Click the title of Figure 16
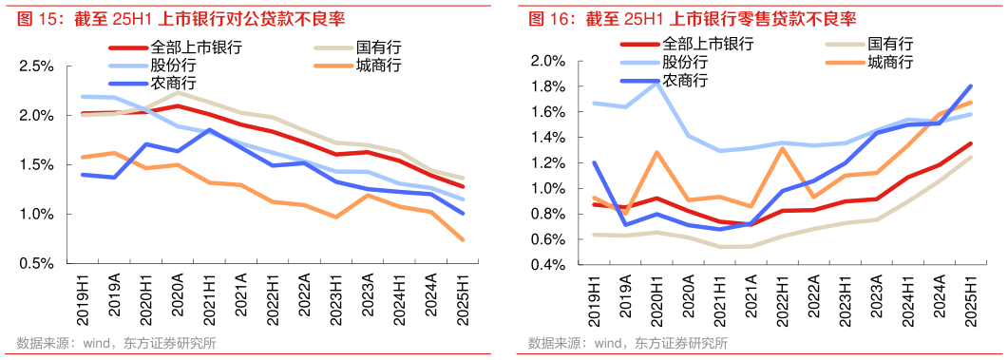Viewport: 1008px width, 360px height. tap(693, 19)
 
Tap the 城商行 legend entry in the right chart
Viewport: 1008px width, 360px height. tap(890, 63)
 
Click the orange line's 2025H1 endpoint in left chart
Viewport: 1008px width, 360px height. tap(463, 239)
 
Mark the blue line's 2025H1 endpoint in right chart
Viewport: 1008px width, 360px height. tap(970, 86)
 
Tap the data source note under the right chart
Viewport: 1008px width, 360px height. tap(628, 343)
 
